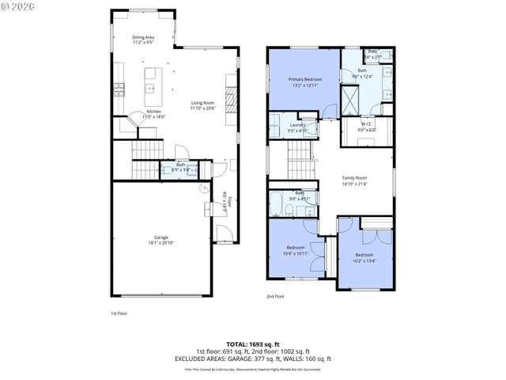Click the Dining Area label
pos(143,37)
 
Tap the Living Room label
pos(203,103)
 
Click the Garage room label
pos(160,237)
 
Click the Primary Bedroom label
pos(304,79)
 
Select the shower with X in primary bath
pos(349,99)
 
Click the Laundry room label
pos(298,125)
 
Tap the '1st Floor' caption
pos(119,313)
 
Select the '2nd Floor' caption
pos(275,297)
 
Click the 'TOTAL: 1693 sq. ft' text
pos(253,345)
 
